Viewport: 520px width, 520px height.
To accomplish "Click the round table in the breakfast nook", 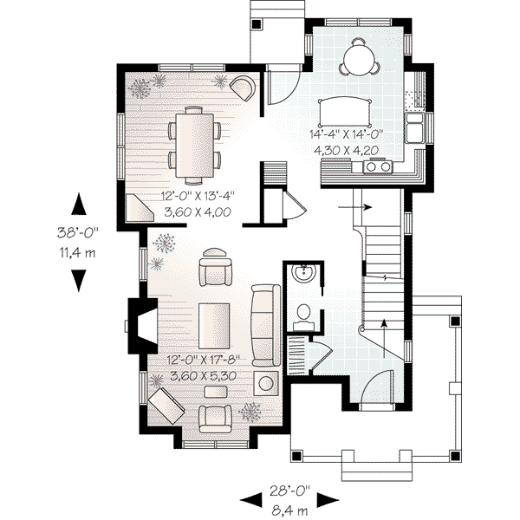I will click(359, 60).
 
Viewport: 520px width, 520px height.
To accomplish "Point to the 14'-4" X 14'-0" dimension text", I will click(346, 134).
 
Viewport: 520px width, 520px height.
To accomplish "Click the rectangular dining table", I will click(194, 137).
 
